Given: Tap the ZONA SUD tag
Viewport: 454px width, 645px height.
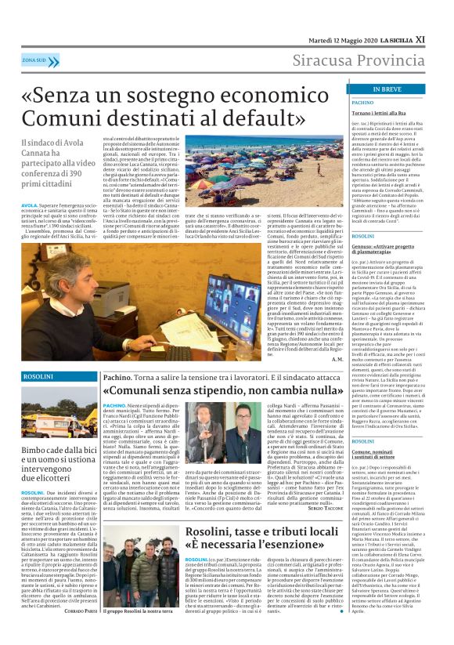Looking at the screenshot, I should coord(34,60).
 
